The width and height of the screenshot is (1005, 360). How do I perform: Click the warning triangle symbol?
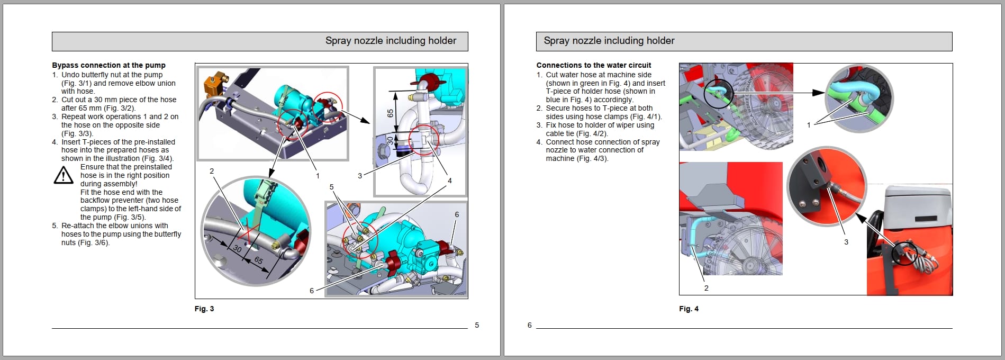click(64, 175)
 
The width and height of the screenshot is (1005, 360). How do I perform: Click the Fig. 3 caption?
click(204, 309)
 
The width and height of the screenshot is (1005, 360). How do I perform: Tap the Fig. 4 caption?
click(689, 309)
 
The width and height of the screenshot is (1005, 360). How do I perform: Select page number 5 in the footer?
click(477, 325)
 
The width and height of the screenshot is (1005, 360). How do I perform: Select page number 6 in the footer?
click(529, 325)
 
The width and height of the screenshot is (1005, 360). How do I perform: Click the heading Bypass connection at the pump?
click(108, 65)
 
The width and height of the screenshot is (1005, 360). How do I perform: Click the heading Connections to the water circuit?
click(593, 65)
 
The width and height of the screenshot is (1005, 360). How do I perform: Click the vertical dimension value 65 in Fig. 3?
click(391, 113)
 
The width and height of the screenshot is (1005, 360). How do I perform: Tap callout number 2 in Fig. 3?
click(212, 171)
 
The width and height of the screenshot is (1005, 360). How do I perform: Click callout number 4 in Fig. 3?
click(450, 181)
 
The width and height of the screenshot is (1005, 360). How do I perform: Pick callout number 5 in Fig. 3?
click(332, 187)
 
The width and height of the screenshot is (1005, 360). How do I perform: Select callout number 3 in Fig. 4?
click(846, 242)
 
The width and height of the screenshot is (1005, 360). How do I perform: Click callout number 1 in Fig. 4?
click(809, 125)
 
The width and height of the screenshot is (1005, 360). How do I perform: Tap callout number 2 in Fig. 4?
click(706, 288)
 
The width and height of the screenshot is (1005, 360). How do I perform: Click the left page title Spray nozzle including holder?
click(391, 41)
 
